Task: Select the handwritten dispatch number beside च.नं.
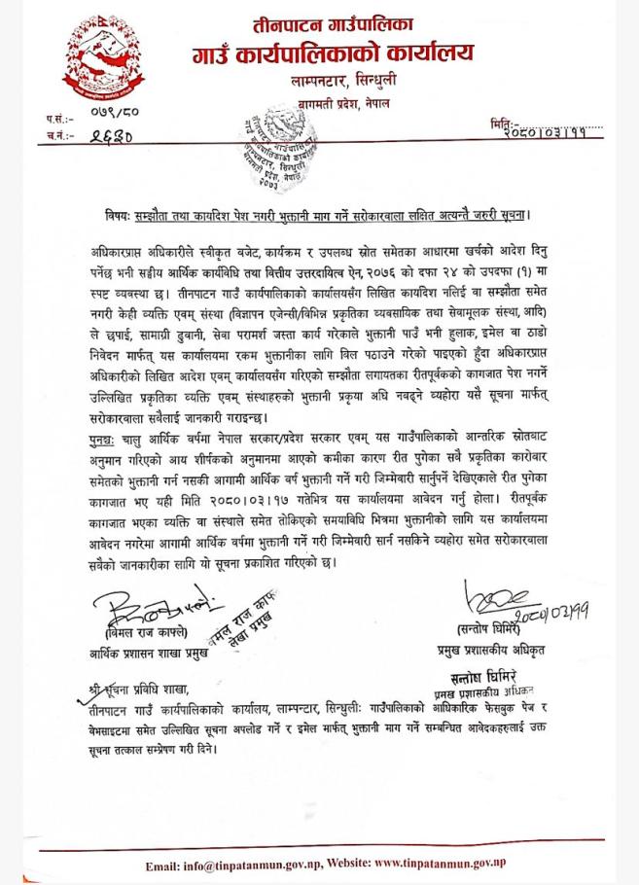[110, 137]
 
